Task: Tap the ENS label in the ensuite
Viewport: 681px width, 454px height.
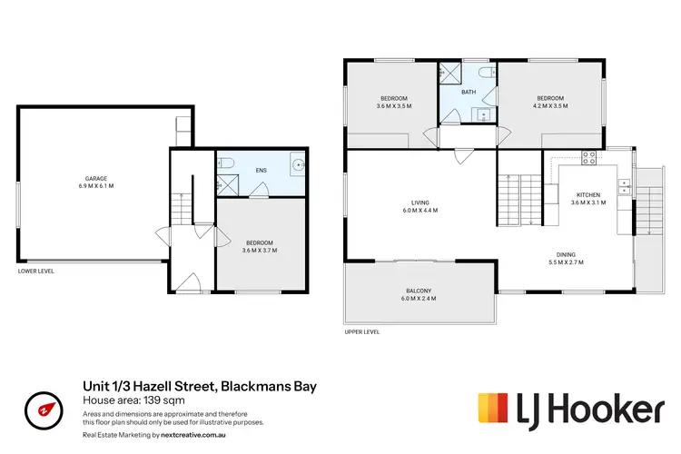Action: tap(262, 170)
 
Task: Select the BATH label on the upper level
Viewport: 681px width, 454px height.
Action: tap(469, 92)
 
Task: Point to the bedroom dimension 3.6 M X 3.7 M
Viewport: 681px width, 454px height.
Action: tap(261, 251)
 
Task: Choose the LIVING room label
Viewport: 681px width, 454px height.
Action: tap(419, 202)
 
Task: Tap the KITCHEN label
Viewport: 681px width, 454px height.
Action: tap(588, 194)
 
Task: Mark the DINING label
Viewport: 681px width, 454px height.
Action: tap(566, 254)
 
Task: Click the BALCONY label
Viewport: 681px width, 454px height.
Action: tap(419, 291)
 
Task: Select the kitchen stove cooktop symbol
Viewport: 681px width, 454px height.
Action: tap(587, 156)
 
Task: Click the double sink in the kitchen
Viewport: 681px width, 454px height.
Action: tap(626, 187)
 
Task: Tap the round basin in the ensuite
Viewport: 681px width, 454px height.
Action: tap(298, 165)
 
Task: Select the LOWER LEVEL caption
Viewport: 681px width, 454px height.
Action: tap(35, 271)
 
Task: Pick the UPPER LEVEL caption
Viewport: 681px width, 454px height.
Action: tap(360, 332)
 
